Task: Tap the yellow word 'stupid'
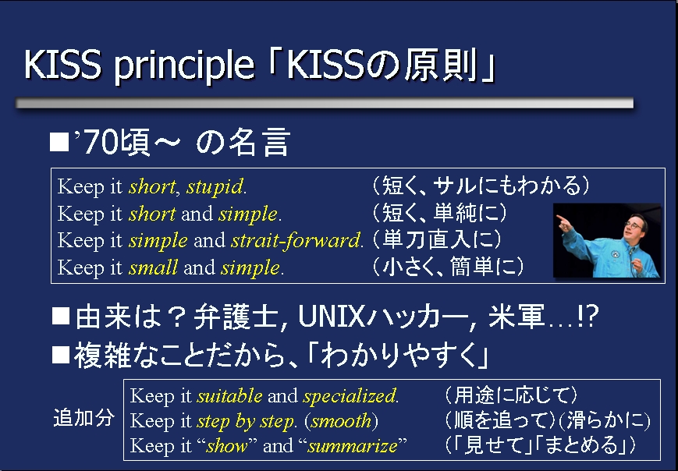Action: [x=215, y=187]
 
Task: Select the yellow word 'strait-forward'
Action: [x=296, y=240]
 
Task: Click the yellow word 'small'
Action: [x=153, y=267]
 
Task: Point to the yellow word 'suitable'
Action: [x=229, y=395]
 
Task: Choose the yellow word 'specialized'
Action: [x=350, y=396]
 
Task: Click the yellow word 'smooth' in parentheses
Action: [x=341, y=420]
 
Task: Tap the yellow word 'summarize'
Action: [x=353, y=445]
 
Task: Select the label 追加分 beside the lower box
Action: [x=84, y=418]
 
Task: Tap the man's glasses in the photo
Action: [x=634, y=225]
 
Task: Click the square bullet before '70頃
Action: [x=59, y=142]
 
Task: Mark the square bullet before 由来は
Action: [x=61, y=316]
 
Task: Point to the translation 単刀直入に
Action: [x=437, y=240]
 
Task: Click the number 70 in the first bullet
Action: [x=101, y=143]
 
